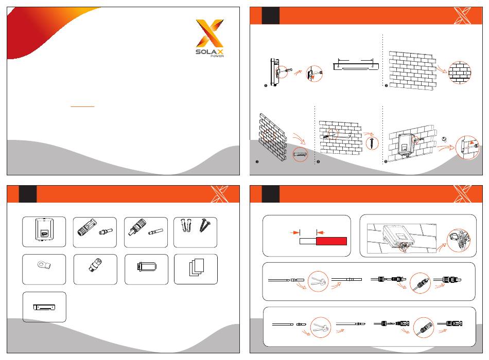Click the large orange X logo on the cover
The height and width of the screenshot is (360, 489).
pos(210,33)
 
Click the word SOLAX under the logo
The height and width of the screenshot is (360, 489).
pos(210,52)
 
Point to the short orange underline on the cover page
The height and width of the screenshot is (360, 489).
pos(82,106)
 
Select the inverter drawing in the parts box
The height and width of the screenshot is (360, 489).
pos(45,229)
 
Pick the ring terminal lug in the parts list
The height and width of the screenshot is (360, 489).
pos(44,266)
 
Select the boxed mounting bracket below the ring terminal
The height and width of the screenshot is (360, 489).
pos(45,307)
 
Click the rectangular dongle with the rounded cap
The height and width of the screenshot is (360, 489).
pos(146,267)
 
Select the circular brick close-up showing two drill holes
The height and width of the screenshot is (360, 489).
pos(459,73)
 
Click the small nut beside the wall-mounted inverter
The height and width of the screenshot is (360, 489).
pos(444,139)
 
